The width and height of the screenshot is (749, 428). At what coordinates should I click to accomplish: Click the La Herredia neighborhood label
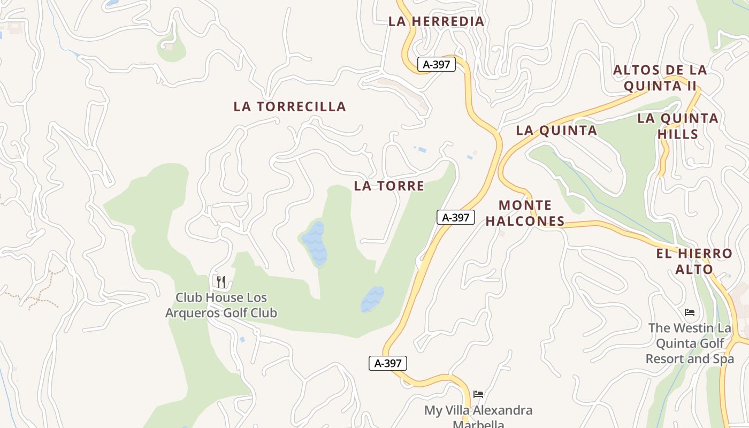[436, 21]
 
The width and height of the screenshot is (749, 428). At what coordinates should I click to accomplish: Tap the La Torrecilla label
[289, 106]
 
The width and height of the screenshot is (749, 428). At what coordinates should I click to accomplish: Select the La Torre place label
[389, 186]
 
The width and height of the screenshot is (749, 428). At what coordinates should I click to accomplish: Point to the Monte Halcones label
[525, 213]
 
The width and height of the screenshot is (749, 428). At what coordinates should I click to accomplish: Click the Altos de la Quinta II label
[660, 78]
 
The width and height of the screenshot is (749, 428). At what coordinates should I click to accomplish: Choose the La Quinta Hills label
[678, 126]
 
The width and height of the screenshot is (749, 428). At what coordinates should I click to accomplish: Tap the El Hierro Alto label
[694, 261]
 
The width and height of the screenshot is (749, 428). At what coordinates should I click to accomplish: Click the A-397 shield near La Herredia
[436, 65]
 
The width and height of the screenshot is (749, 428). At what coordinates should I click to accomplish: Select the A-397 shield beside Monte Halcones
[456, 217]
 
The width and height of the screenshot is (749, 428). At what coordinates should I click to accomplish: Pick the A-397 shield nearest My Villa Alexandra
[388, 363]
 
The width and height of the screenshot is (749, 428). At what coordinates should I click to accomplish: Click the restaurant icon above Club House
[220, 281]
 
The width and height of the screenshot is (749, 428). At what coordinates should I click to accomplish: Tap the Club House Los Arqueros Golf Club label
[221, 305]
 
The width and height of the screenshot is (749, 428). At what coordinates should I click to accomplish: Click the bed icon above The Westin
[690, 312]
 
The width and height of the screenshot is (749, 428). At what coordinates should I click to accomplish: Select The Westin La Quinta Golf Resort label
[690, 343]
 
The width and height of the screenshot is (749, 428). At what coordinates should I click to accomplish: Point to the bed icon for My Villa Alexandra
[478, 394]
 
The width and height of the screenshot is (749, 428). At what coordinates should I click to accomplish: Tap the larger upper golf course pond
[314, 243]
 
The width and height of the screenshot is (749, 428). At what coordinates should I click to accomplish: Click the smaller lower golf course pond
[372, 299]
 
